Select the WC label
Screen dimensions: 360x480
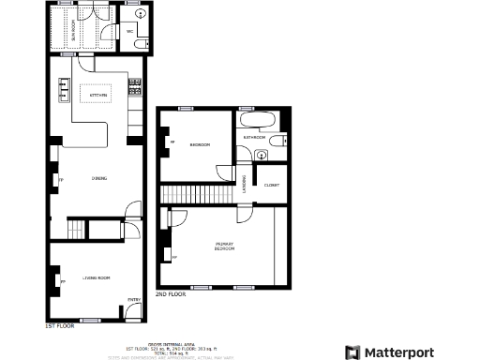click(129, 32)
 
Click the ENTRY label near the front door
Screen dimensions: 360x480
click(134, 299)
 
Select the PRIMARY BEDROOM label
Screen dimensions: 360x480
click(224, 247)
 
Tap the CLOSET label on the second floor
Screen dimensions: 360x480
click(272, 185)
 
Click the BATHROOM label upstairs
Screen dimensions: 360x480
click(255, 137)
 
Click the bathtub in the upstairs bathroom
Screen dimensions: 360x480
click(256, 121)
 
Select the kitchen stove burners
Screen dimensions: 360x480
click(135, 89)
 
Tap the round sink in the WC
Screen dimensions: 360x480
click(140, 44)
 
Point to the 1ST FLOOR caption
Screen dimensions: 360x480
click(60, 326)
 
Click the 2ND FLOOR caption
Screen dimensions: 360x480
click(171, 294)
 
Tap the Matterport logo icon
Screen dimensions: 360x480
click(352, 352)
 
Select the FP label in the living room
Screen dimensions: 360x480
click(63, 281)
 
